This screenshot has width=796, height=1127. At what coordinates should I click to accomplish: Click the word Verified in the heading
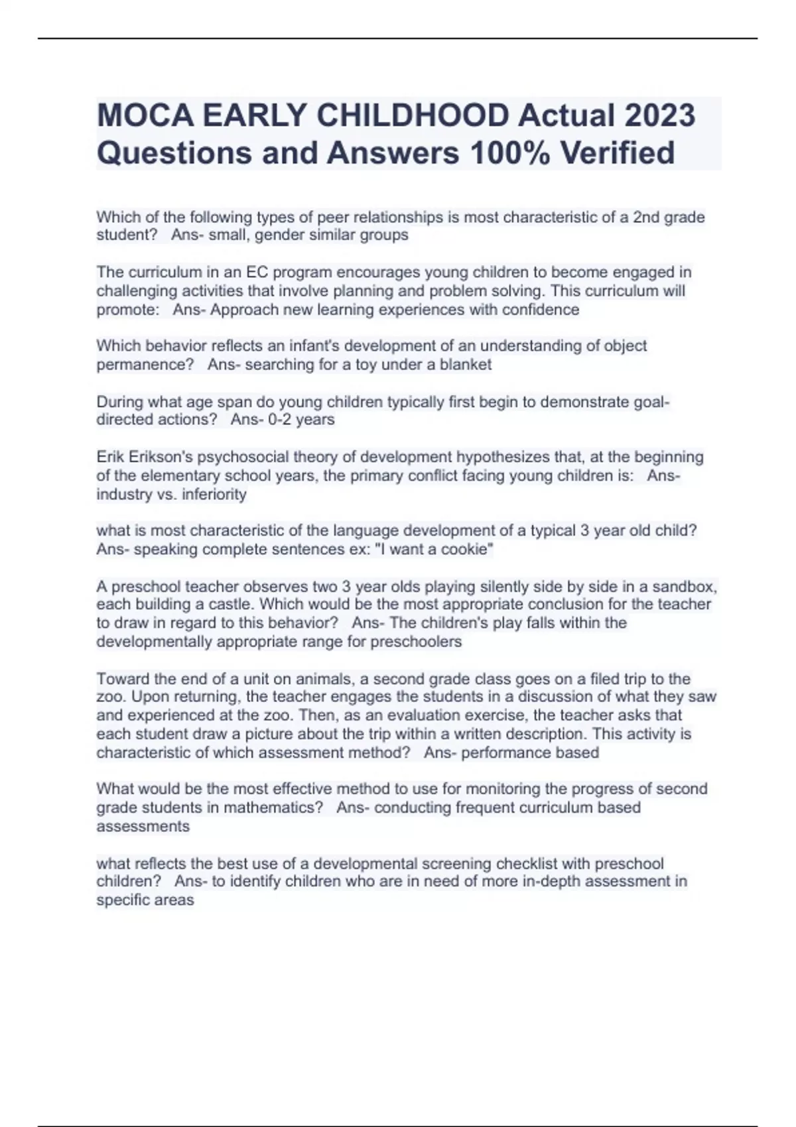point(618,152)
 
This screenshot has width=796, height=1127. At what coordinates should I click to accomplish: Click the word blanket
point(465,365)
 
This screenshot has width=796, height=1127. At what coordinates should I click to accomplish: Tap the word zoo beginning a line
point(110,697)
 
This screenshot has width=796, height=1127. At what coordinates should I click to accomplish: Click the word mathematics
point(273,807)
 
